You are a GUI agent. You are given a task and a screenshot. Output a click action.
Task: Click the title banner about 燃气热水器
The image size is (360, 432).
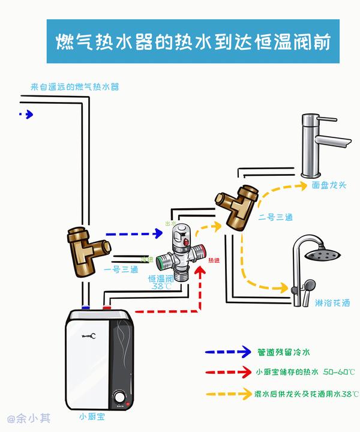pyautogui.click(x=193, y=41)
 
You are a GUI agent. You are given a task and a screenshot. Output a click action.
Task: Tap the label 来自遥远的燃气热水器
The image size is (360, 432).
pyautogui.click(x=75, y=87)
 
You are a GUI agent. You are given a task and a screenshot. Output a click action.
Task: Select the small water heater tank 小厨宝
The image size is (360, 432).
pyautogui.click(x=98, y=359)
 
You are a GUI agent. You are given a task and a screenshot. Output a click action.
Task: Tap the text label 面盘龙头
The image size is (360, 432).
pyautogui.click(x=329, y=185)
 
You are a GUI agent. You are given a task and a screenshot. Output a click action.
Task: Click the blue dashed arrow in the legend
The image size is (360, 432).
pyautogui.click(x=227, y=352)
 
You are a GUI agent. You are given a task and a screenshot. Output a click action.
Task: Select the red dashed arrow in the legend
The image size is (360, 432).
pyautogui.click(x=227, y=373)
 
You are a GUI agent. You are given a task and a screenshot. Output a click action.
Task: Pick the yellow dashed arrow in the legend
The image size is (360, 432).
pyautogui.click(x=227, y=394)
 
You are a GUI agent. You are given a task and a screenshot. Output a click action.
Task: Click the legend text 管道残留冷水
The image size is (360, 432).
pyautogui.click(x=283, y=352)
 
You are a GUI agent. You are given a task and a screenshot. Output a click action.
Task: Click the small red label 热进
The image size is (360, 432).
pyautogui.click(x=214, y=260)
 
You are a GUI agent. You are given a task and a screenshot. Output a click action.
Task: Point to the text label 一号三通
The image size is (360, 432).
pyautogui.click(x=121, y=269)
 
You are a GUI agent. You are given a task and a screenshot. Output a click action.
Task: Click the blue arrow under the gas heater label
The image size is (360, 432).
pyautogui.click(x=26, y=114)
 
